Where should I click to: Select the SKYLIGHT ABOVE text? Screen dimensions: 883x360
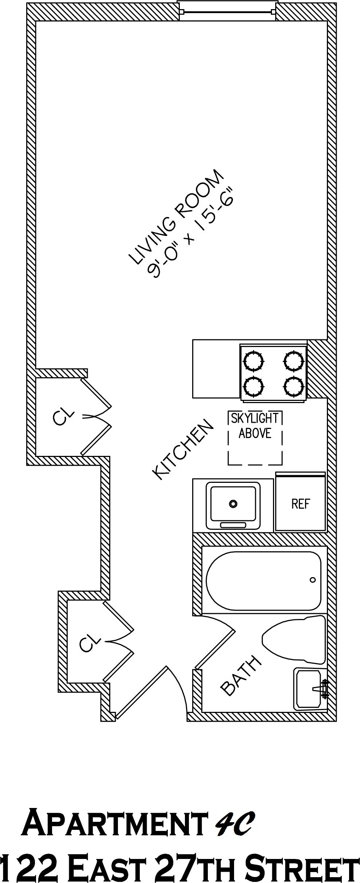click(x=255, y=426)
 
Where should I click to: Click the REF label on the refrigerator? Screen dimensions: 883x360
click(x=300, y=504)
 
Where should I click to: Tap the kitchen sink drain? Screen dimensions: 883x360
click(x=233, y=504)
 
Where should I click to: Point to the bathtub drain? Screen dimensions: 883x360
click(x=312, y=580)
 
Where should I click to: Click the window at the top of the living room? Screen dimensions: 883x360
click(x=227, y=12)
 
